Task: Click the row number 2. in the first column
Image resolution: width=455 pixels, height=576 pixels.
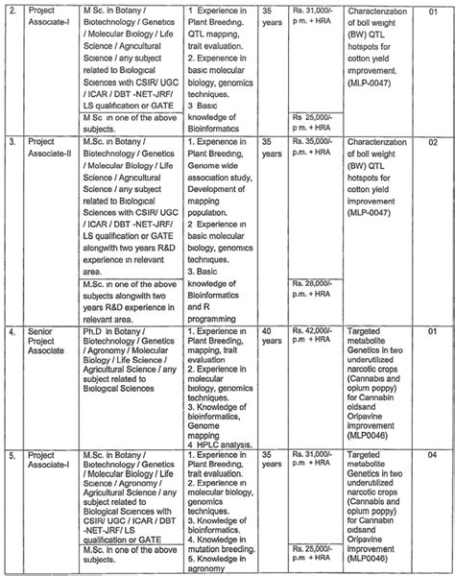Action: point(14,12)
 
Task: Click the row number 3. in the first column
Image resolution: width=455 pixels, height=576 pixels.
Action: point(14,140)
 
